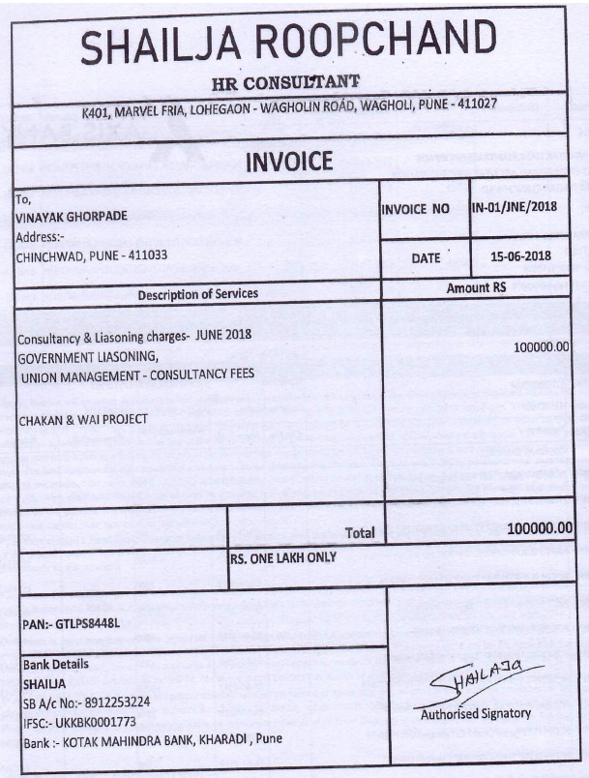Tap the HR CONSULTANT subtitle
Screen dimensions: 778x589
[x=286, y=79]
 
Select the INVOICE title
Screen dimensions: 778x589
[x=289, y=161]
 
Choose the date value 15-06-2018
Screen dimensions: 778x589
[x=519, y=256]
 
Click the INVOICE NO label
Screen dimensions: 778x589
[x=416, y=207]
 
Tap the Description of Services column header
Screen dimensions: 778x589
[x=198, y=293]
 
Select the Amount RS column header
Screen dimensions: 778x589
[x=476, y=288]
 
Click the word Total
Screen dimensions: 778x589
[x=359, y=532]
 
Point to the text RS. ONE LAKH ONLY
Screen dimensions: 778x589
[x=283, y=557]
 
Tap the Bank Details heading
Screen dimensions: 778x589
[x=55, y=665]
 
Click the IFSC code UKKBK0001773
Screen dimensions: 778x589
[x=101, y=721]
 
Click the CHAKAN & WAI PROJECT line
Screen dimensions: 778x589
[x=83, y=419]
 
